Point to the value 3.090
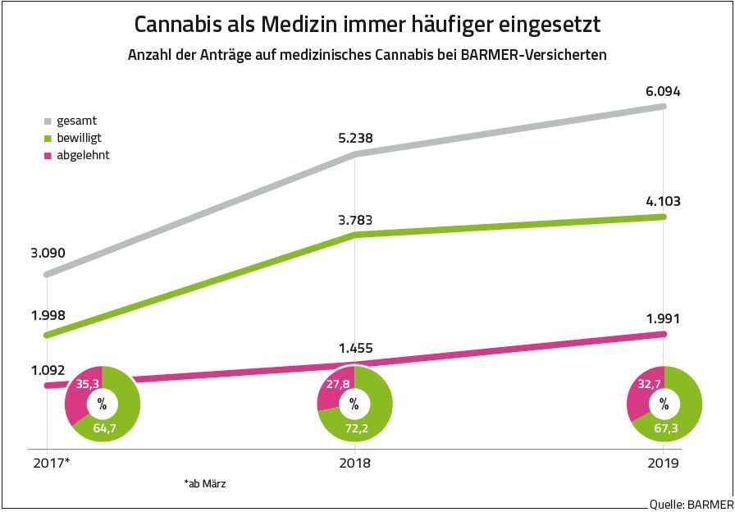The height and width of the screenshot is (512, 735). click(x=48, y=252)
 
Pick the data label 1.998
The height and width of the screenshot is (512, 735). click(x=48, y=317)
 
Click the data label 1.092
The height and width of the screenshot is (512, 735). click(x=48, y=370)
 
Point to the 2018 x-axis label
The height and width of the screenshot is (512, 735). click(x=354, y=463)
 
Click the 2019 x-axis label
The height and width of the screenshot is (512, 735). click(x=663, y=463)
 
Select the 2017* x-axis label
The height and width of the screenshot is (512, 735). click(x=52, y=463)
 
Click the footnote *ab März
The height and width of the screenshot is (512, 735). click(x=205, y=484)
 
